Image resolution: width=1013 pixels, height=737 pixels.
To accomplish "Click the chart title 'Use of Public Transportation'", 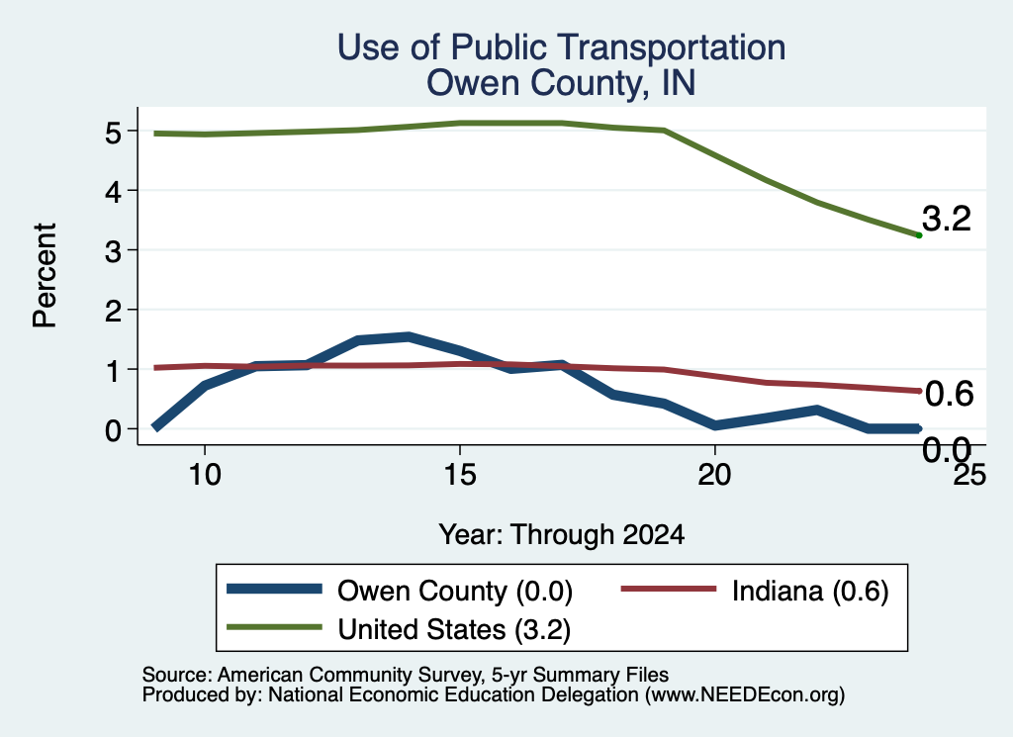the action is [x=561, y=47].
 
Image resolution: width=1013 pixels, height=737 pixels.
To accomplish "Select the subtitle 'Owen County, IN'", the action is [x=561, y=83].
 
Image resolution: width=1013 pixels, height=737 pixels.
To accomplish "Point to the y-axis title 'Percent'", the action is [x=45, y=275].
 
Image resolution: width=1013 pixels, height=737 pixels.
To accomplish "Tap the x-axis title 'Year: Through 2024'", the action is [x=562, y=535].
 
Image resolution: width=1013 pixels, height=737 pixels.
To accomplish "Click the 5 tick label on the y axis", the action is [x=113, y=134].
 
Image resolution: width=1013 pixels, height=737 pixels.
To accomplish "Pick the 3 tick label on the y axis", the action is [x=113, y=252].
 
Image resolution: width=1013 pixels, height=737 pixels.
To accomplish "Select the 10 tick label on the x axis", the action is [x=205, y=475].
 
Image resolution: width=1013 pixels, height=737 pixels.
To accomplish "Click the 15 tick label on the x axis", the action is [x=460, y=475].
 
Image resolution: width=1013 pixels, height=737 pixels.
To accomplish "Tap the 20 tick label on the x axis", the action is [x=714, y=475].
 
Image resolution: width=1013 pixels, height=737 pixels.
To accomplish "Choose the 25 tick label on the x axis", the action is [x=969, y=475].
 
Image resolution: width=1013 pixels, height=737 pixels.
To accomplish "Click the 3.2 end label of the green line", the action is [x=947, y=219].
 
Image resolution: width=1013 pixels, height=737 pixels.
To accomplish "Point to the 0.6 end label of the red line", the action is [x=949, y=394].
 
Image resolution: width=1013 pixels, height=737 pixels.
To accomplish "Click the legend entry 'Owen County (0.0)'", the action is [x=455, y=591].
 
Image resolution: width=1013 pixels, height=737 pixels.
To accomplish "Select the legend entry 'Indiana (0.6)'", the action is [x=810, y=591].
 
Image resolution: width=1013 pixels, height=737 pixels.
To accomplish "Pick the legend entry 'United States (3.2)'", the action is [x=454, y=629].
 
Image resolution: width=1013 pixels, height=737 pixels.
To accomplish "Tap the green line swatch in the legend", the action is [x=275, y=627].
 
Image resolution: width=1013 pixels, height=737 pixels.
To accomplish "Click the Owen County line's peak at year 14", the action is [x=409, y=337].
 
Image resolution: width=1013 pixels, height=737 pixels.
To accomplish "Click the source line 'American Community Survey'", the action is [x=349, y=675].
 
